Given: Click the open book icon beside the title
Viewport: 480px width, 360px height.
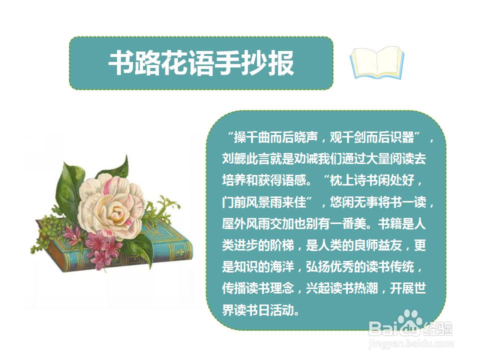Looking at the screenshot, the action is (377, 63).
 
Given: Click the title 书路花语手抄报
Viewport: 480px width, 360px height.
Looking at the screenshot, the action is (201, 63).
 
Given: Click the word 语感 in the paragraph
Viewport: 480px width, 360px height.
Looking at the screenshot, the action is (294, 180).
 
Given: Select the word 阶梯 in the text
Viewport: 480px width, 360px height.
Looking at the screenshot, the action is (282, 245).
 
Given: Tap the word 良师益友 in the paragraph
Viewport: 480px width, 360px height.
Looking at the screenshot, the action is (378, 245).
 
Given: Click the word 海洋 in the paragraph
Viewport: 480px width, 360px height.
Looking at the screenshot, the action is (282, 267).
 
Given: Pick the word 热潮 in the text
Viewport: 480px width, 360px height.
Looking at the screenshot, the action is (366, 288).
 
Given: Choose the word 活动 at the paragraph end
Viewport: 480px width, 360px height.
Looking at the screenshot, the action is (282, 310).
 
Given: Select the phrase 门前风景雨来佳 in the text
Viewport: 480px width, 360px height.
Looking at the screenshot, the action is (264, 202).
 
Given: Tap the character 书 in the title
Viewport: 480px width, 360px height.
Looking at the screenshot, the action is (121, 63).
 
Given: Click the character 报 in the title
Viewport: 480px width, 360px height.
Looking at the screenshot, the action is (281, 63).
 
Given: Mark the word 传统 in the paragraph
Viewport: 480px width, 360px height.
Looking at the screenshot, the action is (401, 267).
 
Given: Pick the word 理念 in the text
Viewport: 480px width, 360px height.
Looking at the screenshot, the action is (282, 288).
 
